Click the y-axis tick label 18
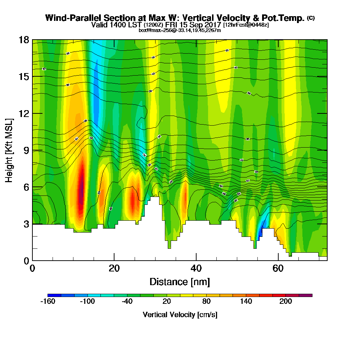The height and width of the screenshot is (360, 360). click(x=24, y=40)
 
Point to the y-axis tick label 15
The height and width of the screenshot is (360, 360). click(x=24, y=77)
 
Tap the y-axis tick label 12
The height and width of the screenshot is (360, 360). click(x=24, y=113)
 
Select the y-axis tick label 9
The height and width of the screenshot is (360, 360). click(x=26, y=150)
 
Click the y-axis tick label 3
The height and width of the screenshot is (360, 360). click(x=26, y=224)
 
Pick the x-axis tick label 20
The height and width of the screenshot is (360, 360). click(x=114, y=268)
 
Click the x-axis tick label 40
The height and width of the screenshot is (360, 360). click(x=196, y=268)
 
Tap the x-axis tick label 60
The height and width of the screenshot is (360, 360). click(x=278, y=268)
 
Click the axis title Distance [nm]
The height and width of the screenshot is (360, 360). click(x=180, y=282)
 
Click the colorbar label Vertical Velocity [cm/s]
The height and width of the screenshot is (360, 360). click(x=180, y=315)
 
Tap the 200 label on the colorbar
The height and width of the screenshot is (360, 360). click(x=285, y=302)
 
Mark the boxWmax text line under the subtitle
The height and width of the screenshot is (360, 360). click(x=180, y=30)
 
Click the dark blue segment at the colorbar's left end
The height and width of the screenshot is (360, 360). click(x=54, y=295)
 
